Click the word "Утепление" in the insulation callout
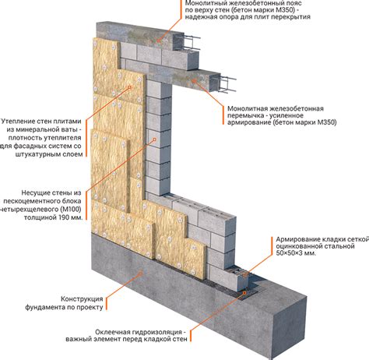(18, 122)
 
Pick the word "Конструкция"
(82, 299)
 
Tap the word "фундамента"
(44, 307)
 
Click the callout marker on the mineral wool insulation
(130, 87)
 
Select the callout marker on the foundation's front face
(141, 273)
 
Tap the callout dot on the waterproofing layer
(244, 293)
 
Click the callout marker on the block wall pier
(154, 139)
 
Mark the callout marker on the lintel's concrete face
(193, 80)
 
